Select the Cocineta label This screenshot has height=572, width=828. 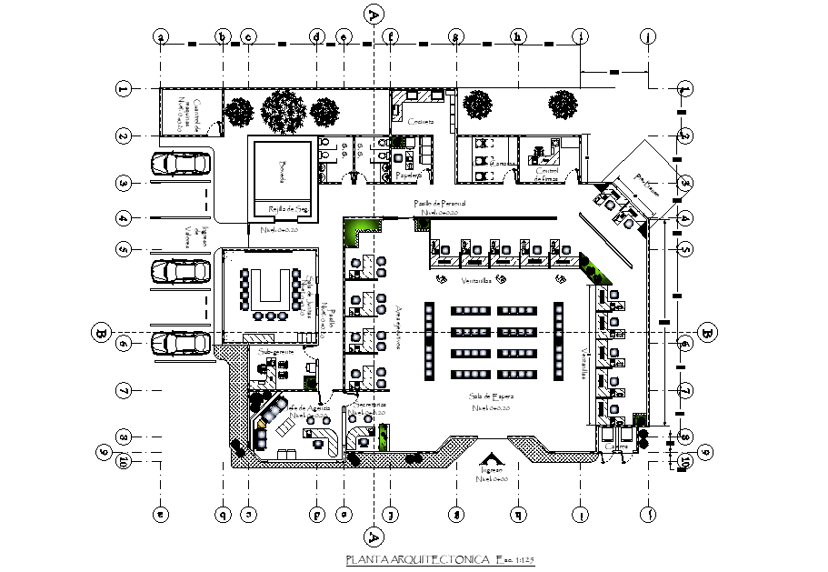tap(420, 121)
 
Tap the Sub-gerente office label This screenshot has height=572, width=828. tap(275, 351)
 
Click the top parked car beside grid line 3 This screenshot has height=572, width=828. tap(180, 163)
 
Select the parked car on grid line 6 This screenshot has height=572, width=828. tap(180, 343)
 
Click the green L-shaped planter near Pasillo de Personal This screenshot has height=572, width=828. tap(357, 234)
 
